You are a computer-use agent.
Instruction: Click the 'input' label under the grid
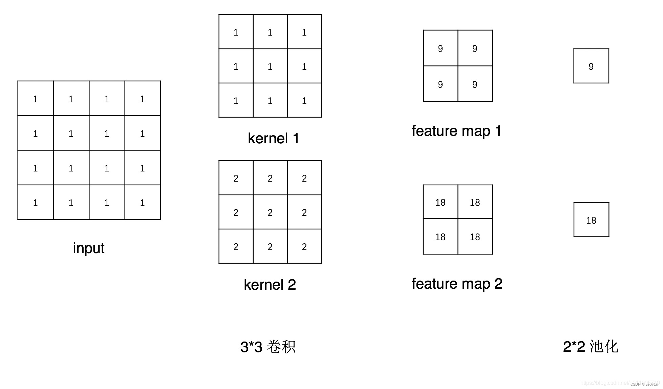88,248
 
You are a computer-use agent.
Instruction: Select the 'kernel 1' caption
273,138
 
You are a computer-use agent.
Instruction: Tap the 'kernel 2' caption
270,284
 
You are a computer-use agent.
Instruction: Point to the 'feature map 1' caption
456,131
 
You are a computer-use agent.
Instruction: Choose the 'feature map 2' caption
457,284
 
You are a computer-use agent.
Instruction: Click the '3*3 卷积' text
268,347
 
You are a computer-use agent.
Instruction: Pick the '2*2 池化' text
591,346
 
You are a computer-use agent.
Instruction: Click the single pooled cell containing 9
591,66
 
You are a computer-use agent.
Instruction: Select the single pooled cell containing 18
591,220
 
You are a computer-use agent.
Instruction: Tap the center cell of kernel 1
270,66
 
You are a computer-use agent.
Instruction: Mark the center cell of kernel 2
270,212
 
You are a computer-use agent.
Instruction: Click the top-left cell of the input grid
36,99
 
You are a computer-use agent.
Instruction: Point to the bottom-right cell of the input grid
143,202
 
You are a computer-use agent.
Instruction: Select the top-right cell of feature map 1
475,48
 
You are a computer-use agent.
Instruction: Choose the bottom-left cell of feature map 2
440,237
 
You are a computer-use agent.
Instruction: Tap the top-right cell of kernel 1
304,32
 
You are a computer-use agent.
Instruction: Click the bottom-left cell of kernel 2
236,246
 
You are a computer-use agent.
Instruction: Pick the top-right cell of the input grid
143,99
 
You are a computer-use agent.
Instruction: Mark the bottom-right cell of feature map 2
475,237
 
